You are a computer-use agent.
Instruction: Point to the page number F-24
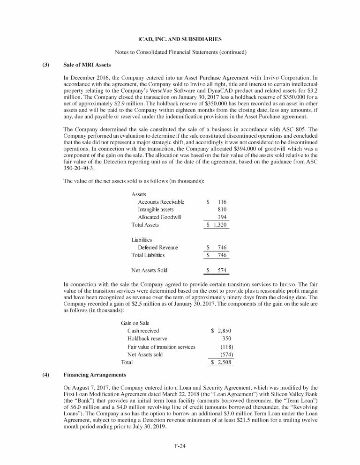point(180,445)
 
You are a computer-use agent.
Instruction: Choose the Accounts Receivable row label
point(161,202)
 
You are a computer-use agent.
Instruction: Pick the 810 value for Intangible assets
point(223,210)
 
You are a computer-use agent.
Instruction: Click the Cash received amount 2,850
point(225,331)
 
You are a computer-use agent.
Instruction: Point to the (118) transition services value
point(227,347)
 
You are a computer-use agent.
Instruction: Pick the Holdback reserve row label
point(147,339)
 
